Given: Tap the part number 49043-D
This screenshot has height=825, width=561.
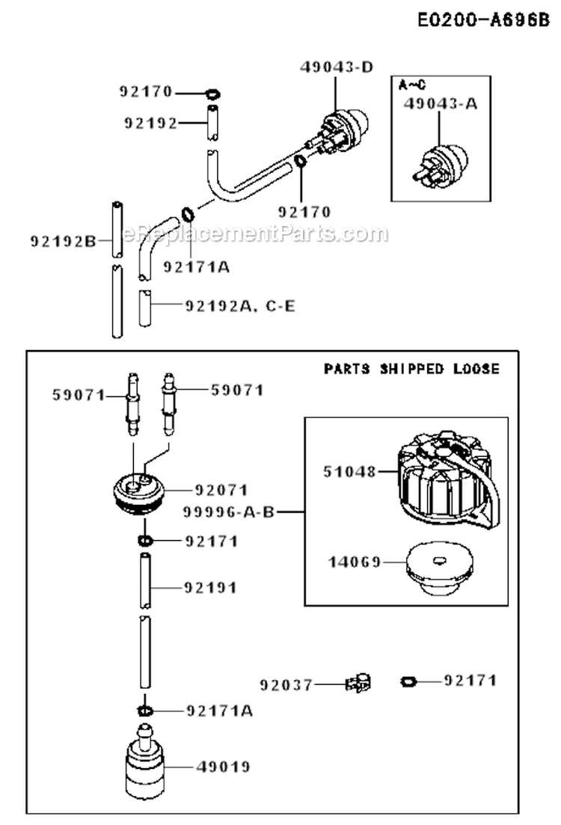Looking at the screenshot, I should pos(337,67).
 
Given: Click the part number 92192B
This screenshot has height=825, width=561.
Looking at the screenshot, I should pos(63,241).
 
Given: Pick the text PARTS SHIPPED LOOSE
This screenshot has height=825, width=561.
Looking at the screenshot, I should pos(411,369).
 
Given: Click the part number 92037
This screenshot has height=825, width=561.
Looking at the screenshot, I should pos(286,684).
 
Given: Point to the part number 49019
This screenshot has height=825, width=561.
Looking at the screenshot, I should pos(222,767).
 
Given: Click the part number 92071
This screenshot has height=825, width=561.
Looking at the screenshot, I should pos(221,491).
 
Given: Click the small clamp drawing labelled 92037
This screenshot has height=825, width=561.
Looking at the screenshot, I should pos(358,682).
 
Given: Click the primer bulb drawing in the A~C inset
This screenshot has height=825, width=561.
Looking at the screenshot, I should pos(440,159).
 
